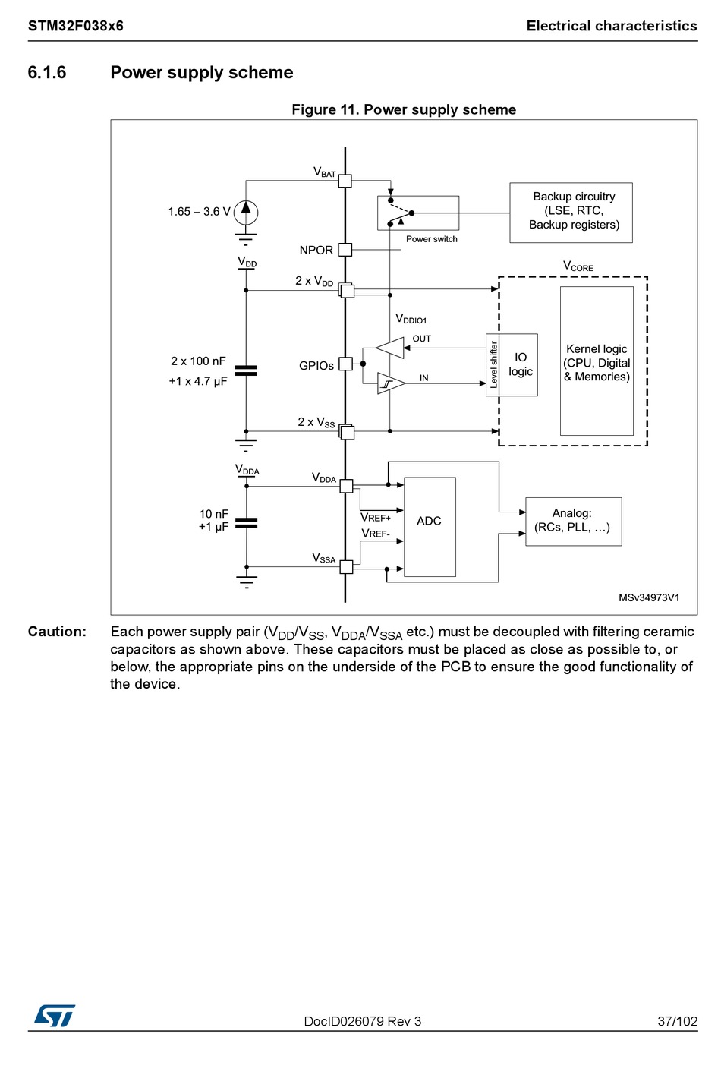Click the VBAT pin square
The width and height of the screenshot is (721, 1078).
pyautogui.click(x=345, y=181)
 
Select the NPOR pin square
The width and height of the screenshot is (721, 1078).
pyautogui.click(x=345, y=250)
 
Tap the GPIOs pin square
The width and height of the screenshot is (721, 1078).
pyautogui.click(x=345, y=364)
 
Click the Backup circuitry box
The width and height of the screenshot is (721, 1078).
pyautogui.click(x=571, y=213)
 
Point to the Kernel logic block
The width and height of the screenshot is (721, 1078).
pyautogui.click(x=597, y=361)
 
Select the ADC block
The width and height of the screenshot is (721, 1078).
pyautogui.click(x=430, y=527)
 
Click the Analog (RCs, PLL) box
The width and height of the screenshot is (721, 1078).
pyautogui.click(x=573, y=522)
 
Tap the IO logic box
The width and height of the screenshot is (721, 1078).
pyautogui.click(x=518, y=365)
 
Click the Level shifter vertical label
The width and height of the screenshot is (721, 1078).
pyautogui.click(x=493, y=365)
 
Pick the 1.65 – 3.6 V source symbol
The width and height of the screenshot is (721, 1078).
pyautogui.click(x=246, y=213)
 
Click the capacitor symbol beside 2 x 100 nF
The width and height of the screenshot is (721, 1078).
pyautogui.click(x=246, y=370)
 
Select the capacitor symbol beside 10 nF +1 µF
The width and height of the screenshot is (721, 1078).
pyautogui.click(x=246, y=523)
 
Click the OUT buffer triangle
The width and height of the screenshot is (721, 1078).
pyautogui.click(x=389, y=348)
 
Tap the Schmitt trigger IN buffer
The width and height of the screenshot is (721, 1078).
pyautogui.click(x=391, y=383)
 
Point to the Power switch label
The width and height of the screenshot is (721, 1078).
pyautogui.click(x=431, y=239)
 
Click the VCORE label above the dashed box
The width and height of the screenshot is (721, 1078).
pyautogui.click(x=578, y=266)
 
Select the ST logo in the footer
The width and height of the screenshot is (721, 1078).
pyautogui.click(x=55, y=1016)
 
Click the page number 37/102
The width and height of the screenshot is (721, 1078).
pyautogui.click(x=677, y=1021)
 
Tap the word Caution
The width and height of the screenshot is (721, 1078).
pyautogui.click(x=57, y=632)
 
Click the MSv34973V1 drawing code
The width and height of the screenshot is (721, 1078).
pyautogui.click(x=649, y=597)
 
